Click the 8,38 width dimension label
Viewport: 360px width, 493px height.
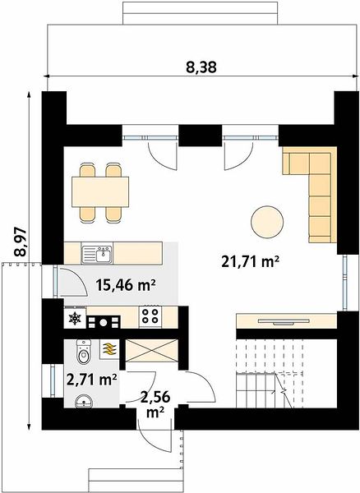pyautogui.click(x=201, y=67)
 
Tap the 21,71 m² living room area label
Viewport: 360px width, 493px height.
pyautogui.click(x=251, y=261)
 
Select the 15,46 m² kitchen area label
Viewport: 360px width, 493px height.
pyautogui.click(x=126, y=286)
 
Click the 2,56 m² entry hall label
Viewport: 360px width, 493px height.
pyautogui.click(x=155, y=404)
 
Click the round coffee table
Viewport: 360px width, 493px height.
pyautogui.click(x=267, y=222)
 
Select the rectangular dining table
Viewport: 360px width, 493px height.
pyautogui.click(x=100, y=191)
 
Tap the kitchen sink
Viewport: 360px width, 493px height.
pyautogui.click(x=97, y=254)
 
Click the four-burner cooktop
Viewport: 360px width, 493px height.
pyautogui.click(x=150, y=316)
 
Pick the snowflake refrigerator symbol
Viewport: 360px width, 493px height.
pyautogui.click(x=75, y=319)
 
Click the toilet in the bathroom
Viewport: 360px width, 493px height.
pyautogui.click(x=83, y=352)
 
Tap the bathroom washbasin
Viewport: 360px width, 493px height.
pyautogui.click(x=84, y=401)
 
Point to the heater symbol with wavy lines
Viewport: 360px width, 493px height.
pyautogui.click(x=109, y=349)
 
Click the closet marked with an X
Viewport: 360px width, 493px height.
pyautogui.click(x=152, y=351)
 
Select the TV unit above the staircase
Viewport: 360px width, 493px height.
pyautogui.click(x=286, y=321)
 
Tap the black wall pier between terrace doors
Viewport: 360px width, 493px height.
pyautogui.click(x=201, y=136)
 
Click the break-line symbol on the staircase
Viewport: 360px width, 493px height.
pyautogui.click(x=284, y=391)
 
